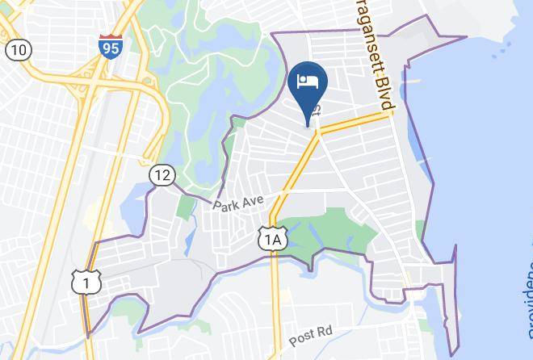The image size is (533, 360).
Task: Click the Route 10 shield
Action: pos(18,50)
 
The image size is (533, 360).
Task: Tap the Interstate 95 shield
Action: pos(111,46)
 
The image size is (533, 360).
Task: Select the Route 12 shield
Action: pos(162,174)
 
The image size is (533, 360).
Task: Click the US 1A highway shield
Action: pos(272,238)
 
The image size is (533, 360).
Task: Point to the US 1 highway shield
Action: pos(86,283)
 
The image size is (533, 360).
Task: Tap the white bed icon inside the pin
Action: pos(307,82)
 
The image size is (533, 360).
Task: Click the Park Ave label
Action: pos(238,200)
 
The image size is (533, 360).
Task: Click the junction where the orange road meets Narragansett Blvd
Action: pos(388,113)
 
